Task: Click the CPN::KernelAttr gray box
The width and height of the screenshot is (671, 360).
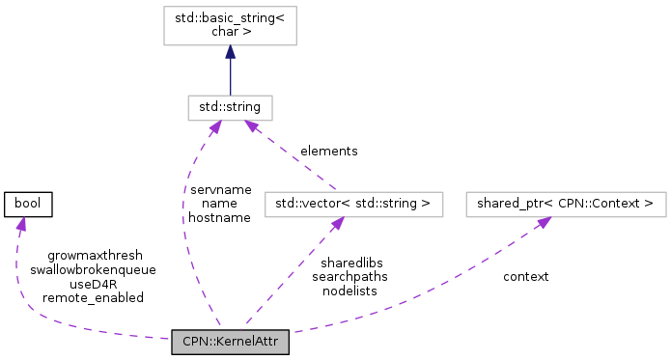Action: [x=230, y=342]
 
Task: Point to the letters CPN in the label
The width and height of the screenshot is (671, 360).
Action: [x=193, y=342]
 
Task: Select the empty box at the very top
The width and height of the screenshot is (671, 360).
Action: [x=230, y=26]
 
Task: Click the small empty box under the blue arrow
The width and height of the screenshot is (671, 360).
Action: [x=230, y=108]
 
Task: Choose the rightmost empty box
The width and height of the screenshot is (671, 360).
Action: [x=566, y=205]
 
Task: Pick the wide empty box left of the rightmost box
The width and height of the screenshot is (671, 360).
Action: [x=353, y=205]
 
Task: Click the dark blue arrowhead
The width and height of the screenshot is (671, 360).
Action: [x=230, y=52]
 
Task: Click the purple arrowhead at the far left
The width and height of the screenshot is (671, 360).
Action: [x=20, y=224]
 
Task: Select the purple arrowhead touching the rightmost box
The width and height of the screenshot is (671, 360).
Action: [x=544, y=223]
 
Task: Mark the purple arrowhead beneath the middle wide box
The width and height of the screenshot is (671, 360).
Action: [x=336, y=224]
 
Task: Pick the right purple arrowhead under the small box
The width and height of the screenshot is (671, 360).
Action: [x=250, y=127]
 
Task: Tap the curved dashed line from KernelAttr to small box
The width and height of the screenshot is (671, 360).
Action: [x=184, y=222]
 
